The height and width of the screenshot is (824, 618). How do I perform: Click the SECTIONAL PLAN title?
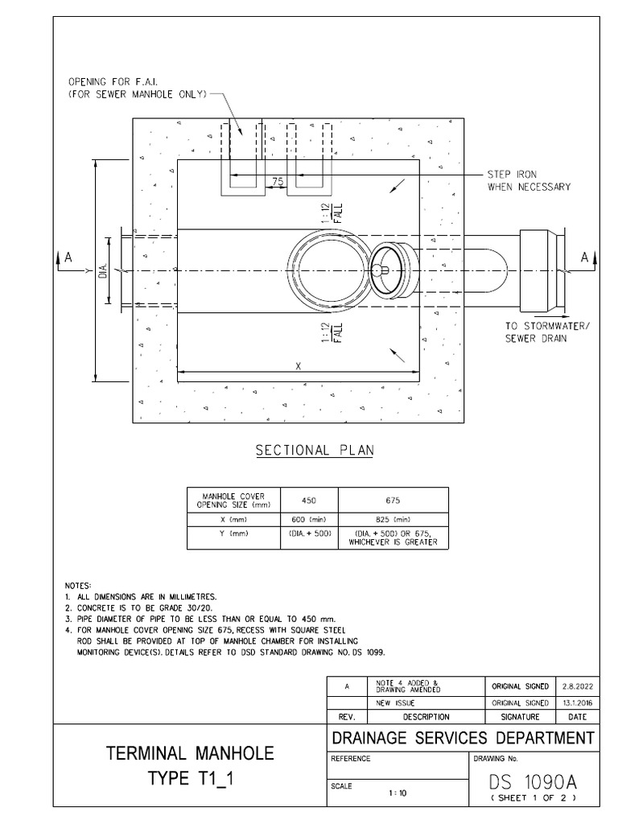(x=315, y=451)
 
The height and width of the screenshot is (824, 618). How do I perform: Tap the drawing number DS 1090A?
(x=534, y=782)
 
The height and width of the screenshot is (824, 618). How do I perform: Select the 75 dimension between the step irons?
(x=277, y=182)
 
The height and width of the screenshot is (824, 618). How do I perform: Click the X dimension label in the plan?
(x=298, y=365)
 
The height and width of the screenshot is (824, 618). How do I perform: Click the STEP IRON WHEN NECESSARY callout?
(x=529, y=180)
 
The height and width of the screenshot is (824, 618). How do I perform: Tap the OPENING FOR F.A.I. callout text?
(x=138, y=87)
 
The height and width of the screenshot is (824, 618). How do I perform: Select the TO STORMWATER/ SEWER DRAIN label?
(x=542, y=333)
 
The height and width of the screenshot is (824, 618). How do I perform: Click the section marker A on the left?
(x=69, y=257)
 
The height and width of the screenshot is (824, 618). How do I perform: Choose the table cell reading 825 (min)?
(x=393, y=519)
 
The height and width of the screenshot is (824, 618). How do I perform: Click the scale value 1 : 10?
(x=397, y=793)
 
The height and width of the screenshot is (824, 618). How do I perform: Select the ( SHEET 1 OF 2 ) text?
(x=534, y=797)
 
